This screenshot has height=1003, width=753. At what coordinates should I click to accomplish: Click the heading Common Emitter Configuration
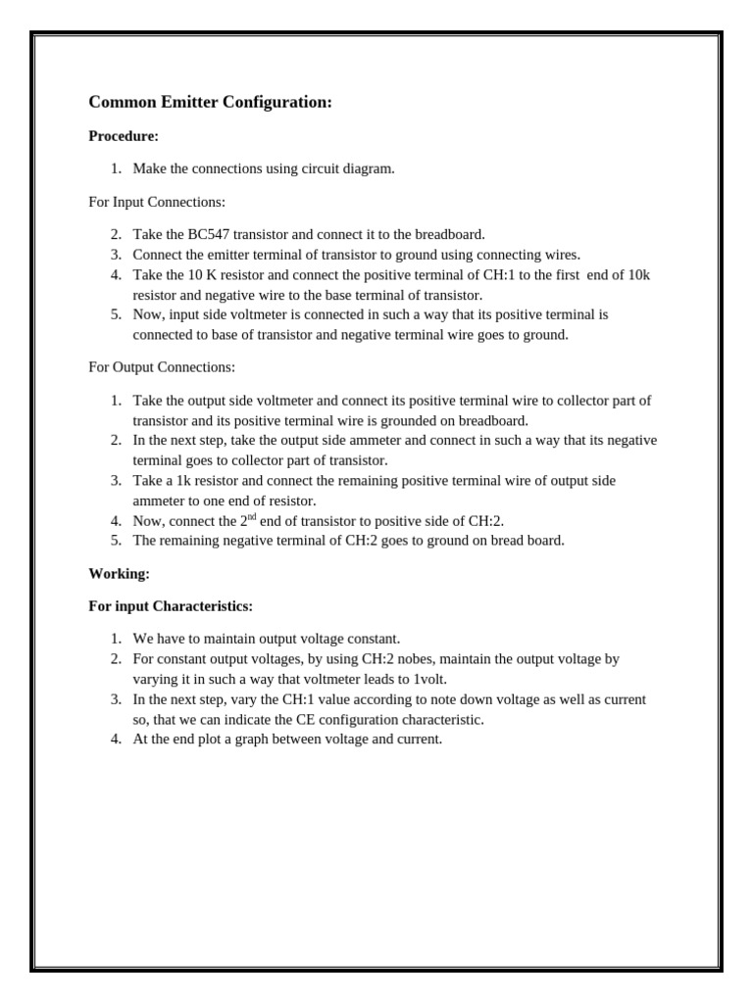click(x=210, y=102)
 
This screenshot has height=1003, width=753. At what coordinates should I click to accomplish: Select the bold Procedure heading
click(x=124, y=136)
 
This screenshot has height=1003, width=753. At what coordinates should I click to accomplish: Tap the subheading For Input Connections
click(x=157, y=202)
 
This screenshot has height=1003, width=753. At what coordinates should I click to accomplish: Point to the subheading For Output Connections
click(x=162, y=367)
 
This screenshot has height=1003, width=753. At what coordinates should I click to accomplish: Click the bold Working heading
click(x=119, y=573)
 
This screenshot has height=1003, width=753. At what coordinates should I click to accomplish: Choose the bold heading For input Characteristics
click(x=171, y=606)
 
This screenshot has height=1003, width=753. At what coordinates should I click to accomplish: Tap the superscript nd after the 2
click(x=252, y=515)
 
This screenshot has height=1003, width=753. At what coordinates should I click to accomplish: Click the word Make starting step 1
click(x=150, y=168)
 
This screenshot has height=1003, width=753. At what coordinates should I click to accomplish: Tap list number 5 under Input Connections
click(x=116, y=314)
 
